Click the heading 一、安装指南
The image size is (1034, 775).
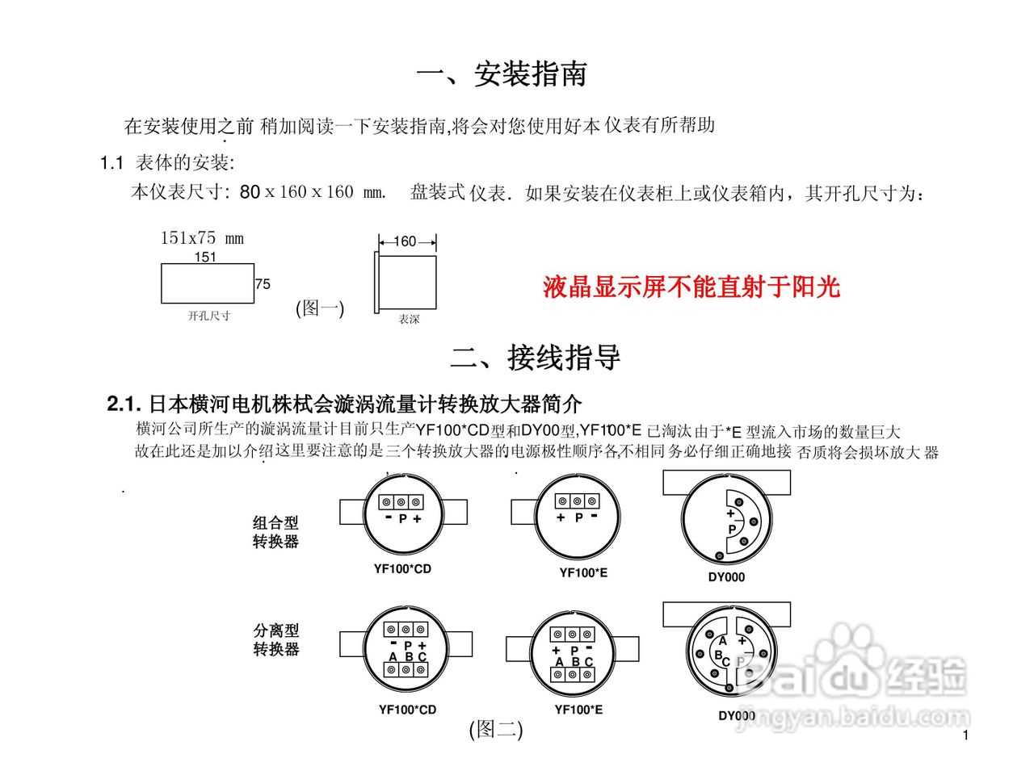click(502, 74)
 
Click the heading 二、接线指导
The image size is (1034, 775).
click(536, 358)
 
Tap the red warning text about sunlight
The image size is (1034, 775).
click(691, 287)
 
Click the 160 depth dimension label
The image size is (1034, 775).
click(406, 241)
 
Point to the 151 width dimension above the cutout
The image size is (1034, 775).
click(205, 257)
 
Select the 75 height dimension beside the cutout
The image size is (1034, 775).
click(263, 284)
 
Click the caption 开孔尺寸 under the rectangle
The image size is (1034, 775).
click(209, 316)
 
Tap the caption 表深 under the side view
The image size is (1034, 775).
click(409, 320)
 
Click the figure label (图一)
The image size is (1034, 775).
click(320, 308)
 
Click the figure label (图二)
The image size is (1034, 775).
click(496, 730)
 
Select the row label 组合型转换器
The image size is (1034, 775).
click(275, 532)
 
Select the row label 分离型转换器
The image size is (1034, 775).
click(275, 639)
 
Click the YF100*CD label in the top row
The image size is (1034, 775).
click(402, 568)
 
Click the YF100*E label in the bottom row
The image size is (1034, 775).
click(578, 710)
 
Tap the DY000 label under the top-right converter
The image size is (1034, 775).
click(726, 577)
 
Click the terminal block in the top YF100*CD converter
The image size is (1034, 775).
click(401, 502)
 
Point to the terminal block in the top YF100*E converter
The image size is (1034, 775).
click(577, 501)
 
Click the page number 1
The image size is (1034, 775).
click(965, 735)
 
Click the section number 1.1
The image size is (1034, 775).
click(111, 163)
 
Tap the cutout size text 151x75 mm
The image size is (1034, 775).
click(202, 238)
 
